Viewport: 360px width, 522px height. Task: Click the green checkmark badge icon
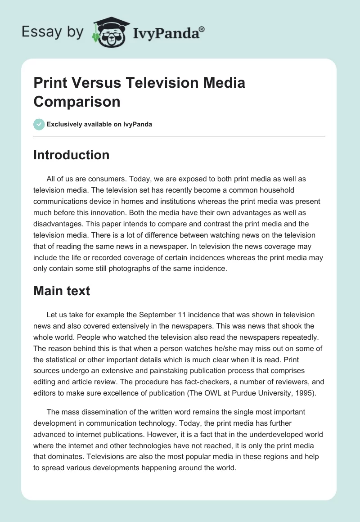[39, 124]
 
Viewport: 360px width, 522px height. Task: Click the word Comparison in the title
[77, 101]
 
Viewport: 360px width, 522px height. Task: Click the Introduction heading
[72, 155]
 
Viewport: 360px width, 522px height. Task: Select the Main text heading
[62, 291]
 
